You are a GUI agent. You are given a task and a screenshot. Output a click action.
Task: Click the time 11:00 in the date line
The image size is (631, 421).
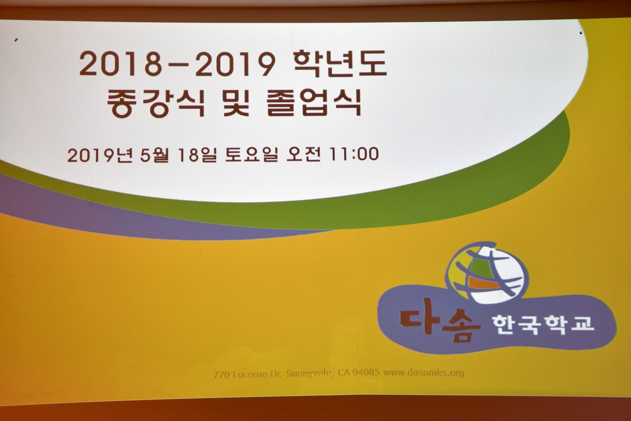(353, 154)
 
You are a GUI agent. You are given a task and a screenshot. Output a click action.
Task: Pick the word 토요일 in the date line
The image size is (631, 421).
(251, 154)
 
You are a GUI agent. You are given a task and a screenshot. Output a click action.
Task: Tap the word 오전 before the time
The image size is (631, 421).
(303, 154)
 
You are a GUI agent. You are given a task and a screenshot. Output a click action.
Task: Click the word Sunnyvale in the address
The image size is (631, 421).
(310, 374)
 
